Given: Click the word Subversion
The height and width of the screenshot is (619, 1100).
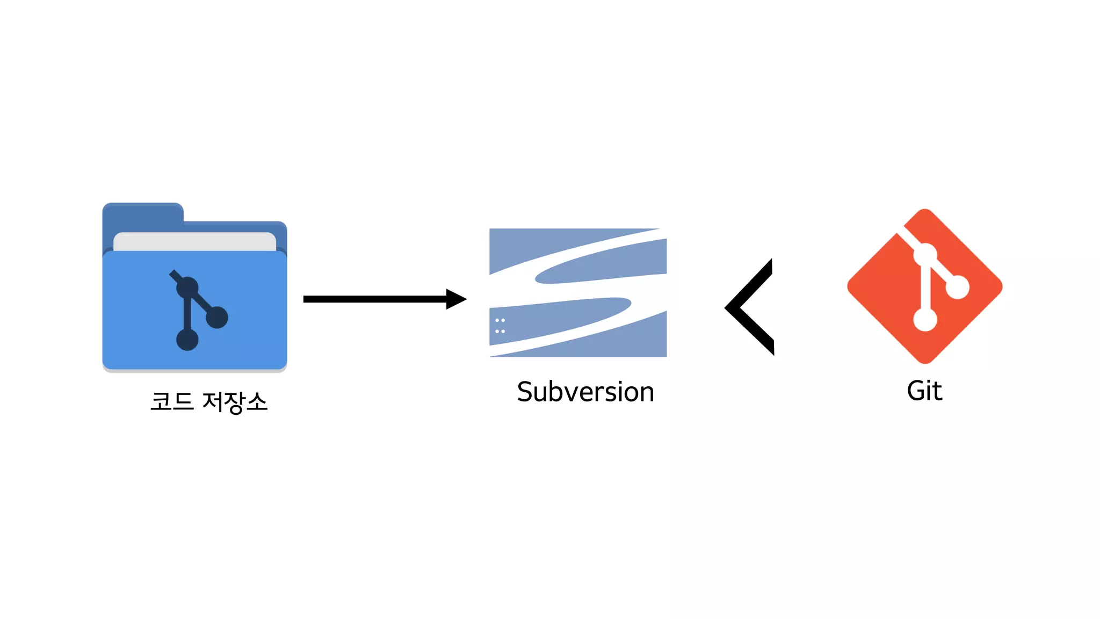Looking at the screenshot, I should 585,392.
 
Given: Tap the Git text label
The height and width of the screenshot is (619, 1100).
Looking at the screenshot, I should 924,391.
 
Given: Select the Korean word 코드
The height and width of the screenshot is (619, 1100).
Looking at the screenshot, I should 172,401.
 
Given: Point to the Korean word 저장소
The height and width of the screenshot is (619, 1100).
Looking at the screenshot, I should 235,402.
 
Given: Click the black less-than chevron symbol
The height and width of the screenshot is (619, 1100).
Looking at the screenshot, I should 749,307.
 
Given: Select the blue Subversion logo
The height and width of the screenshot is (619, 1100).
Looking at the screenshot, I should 578,292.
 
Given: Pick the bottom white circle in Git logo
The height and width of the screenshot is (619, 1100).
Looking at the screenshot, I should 925,320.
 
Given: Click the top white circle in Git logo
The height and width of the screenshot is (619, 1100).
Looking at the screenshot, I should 925,255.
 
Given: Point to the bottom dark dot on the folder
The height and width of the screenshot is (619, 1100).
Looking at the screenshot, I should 187,340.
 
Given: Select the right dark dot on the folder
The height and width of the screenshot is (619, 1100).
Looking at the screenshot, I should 217,317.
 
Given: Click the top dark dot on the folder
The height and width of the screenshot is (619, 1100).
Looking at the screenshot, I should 187,287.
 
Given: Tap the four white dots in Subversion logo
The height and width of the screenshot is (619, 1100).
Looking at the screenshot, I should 500,326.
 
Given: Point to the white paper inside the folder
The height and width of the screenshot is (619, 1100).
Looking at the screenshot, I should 194,241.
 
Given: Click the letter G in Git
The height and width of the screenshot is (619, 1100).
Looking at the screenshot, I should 917,391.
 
